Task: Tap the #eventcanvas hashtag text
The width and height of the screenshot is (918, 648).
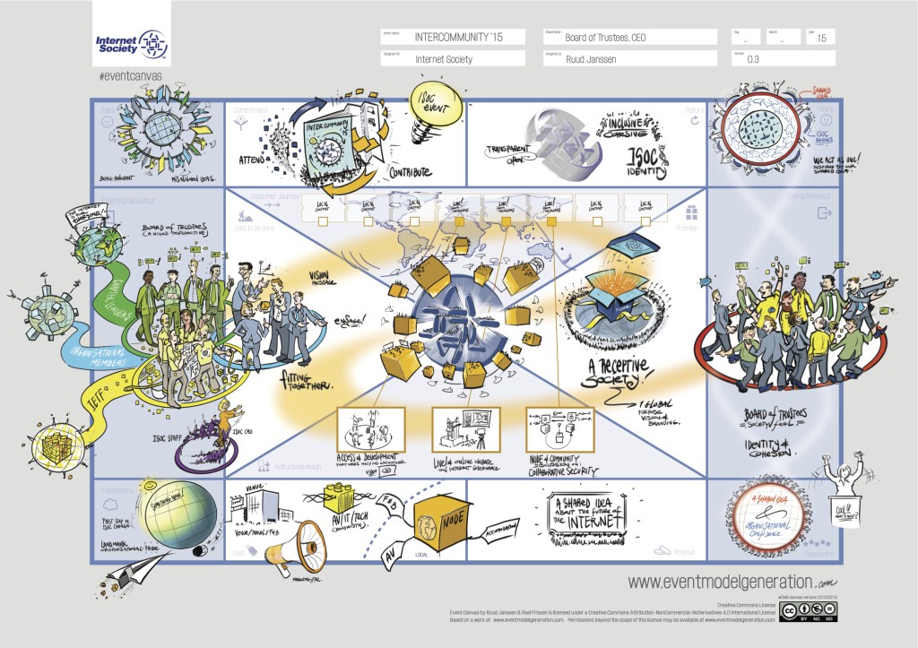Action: coord(126,77)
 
